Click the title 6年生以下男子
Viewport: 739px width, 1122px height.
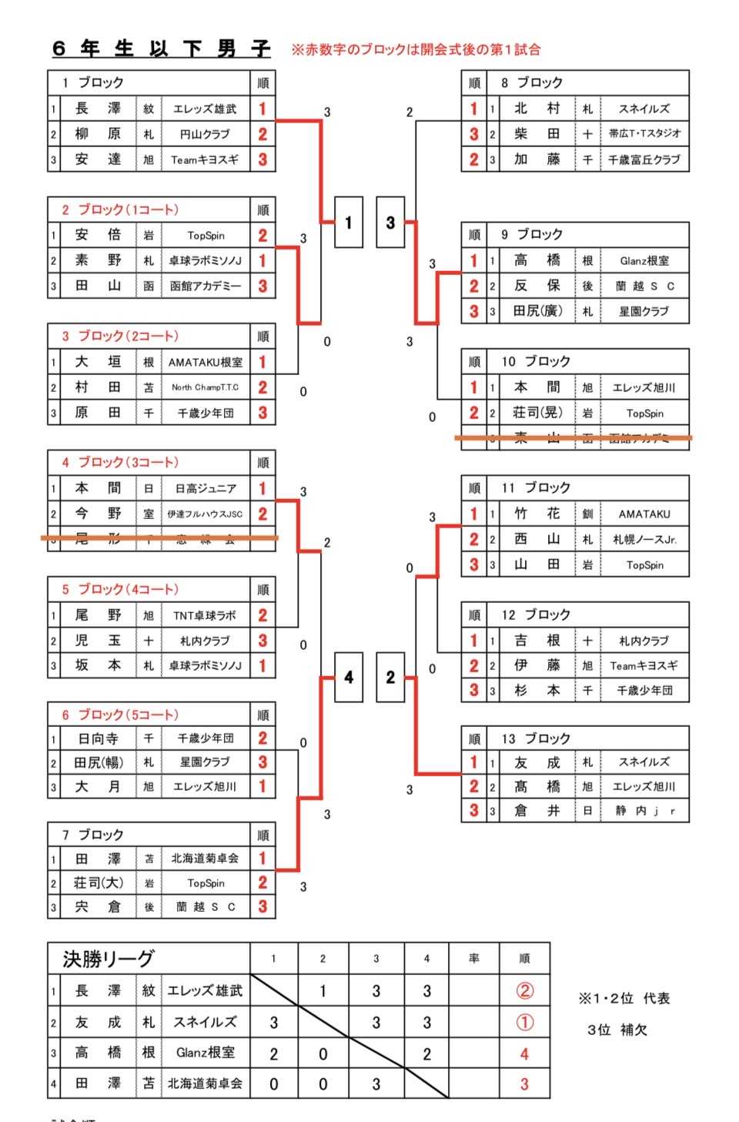click(162, 49)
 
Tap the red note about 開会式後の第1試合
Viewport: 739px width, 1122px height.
click(416, 49)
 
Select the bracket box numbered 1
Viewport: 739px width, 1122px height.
click(348, 223)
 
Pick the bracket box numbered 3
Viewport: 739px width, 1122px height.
click(390, 223)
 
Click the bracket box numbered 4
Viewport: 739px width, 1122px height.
click(348, 677)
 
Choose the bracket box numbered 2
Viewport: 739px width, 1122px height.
click(390, 677)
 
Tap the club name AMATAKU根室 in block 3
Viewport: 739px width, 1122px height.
click(205, 362)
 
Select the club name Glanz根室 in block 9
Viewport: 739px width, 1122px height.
click(644, 261)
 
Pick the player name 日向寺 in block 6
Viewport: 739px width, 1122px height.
click(98, 739)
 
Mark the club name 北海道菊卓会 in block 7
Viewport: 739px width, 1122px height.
click(205, 859)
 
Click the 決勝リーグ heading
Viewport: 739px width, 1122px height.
click(109, 959)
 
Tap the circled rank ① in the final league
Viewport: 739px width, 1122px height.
click(524, 1023)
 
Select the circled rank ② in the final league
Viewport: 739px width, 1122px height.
click(524, 991)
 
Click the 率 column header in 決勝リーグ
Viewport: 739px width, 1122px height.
click(473, 959)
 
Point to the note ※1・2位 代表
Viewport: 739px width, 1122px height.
click(624, 999)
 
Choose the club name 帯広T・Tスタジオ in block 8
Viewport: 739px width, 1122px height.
click(644, 134)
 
